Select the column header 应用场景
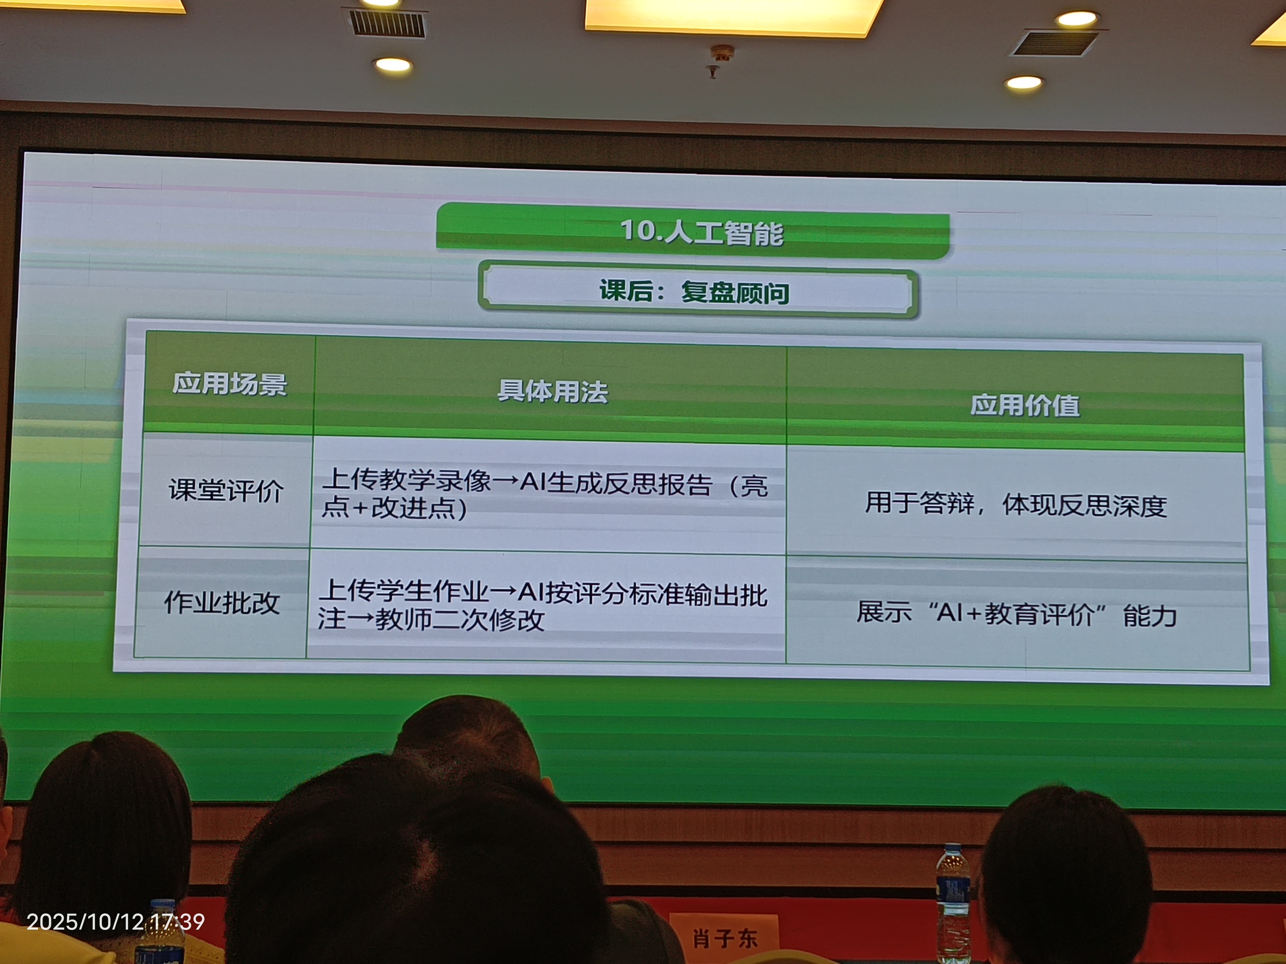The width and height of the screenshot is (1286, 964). pyautogui.click(x=230, y=383)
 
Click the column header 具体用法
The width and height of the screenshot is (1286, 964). pyautogui.click(x=552, y=391)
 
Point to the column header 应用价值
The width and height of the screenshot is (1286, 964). pyautogui.click(x=1025, y=405)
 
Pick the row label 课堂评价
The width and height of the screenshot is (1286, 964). pyautogui.click(x=226, y=490)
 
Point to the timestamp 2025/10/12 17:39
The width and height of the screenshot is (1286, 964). pyautogui.click(x=116, y=921)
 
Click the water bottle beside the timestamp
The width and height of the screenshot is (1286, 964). pyautogui.click(x=160, y=932)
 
